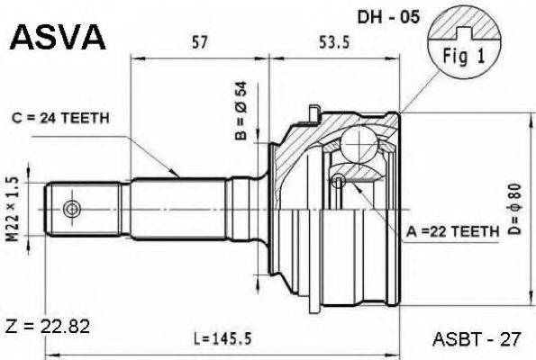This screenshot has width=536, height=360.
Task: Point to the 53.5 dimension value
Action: click(x=334, y=40)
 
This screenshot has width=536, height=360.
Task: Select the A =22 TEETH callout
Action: click(x=450, y=231)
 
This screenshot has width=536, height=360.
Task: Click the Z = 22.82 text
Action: click(x=46, y=323)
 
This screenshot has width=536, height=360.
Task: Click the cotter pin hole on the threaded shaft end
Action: click(x=71, y=209)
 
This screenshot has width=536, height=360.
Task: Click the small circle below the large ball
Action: click(x=338, y=183)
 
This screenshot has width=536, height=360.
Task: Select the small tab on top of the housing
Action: click(x=313, y=112)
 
